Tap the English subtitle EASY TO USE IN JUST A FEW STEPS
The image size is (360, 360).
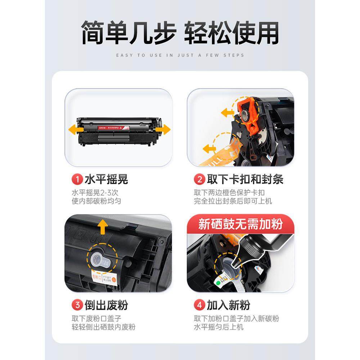[180, 55]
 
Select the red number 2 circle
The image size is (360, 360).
[199, 179]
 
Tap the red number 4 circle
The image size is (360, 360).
[199, 306]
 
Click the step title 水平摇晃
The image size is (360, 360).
[106, 179]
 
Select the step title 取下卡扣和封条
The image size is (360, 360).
[245, 179]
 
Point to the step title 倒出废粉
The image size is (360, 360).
[106, 306]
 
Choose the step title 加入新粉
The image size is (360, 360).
[228, 306]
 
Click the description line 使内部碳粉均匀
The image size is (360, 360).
[96, 201]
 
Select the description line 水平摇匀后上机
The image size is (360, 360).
[219, 327]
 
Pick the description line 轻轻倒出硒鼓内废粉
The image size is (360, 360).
[104, 327]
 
